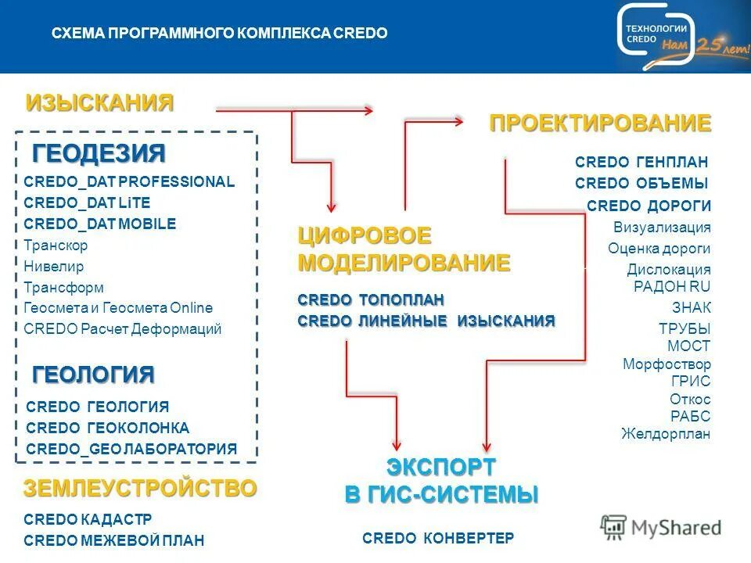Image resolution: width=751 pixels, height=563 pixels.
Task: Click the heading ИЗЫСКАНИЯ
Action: point(99,102)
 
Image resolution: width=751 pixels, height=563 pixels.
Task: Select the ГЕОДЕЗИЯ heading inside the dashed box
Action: point(99,152)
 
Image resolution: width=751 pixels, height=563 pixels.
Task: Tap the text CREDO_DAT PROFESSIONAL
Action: point(129,181)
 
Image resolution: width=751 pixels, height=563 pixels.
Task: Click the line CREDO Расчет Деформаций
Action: point(123,329)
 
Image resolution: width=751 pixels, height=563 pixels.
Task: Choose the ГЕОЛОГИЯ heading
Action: point(93,375)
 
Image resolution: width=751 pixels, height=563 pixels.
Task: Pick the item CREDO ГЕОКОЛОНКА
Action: point(107,428)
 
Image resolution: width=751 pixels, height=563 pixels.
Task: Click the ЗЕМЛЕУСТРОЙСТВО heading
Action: point(140,489)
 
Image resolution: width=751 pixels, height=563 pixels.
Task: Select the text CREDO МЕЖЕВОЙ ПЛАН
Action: point(114,540)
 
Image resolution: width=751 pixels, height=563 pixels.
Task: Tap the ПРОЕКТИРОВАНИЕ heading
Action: point(600,123)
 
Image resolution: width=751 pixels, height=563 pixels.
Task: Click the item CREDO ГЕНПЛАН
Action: point(641,162)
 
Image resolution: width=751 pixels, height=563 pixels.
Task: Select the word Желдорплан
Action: point(666,434)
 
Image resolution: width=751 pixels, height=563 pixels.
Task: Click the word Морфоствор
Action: point(667,364)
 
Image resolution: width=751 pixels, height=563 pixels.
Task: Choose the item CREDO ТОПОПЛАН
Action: point(371,299)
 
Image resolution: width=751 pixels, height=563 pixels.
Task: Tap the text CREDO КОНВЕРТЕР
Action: point(438,538)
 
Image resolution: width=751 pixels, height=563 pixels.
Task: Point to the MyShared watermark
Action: point(661,528)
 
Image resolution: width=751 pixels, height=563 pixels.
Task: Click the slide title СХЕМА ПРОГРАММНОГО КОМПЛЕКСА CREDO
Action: point(219,34)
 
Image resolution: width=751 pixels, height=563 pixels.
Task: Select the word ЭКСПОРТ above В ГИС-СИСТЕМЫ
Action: point(441,468)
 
